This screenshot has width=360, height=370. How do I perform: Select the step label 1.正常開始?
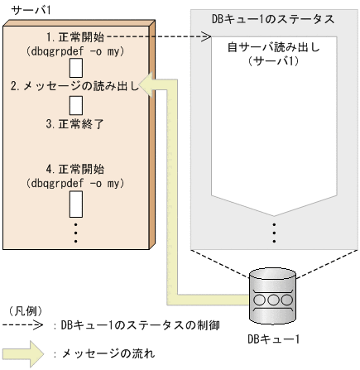pos(75,36)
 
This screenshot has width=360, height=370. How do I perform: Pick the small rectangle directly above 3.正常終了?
pos(74,105)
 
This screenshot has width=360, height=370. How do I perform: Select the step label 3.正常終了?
pos(74,123)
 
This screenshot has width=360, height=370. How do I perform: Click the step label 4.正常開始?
pos(74,169)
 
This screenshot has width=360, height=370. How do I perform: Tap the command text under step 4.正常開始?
pos(74,182)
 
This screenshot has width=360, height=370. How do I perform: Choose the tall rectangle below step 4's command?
pos(74,204)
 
